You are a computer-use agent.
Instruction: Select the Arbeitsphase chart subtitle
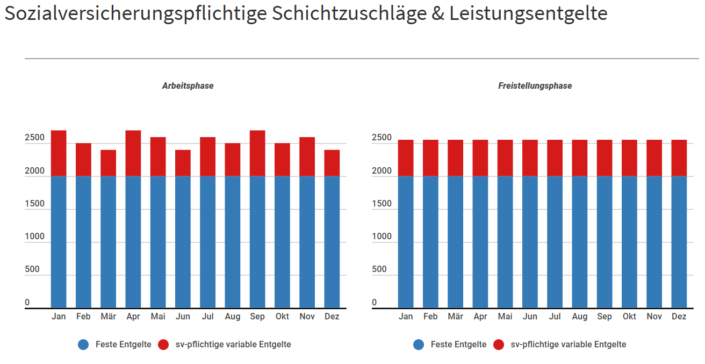tap(188, 85)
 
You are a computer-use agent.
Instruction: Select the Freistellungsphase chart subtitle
tap(535, 85)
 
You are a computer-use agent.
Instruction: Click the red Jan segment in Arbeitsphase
tap(59, 153)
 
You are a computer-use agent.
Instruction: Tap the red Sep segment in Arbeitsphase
tap(257, 153)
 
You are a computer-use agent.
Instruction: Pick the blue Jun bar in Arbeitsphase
tap(183, 242)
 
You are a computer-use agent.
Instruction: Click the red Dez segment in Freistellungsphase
tap(679, 158)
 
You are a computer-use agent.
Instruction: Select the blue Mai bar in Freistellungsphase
tap(505, 242)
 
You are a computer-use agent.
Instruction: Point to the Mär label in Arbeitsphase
tap(108, 317)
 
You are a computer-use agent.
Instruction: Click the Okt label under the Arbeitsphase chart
tap(282, 317)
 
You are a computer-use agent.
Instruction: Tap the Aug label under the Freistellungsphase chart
tap(580, 317)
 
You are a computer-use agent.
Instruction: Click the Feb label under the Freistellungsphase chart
tap(430, 317)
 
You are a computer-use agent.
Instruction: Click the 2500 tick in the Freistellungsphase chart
tap(382, 138)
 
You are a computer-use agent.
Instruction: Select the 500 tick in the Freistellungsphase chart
tap(379, 269)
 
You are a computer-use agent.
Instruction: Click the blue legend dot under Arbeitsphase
tap(83, 345)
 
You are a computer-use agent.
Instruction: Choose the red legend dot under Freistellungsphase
tap(498, 345)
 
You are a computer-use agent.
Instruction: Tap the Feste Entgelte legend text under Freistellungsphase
tap(458, 345)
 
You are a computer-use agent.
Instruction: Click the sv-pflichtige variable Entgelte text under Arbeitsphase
tap(233, 345)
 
